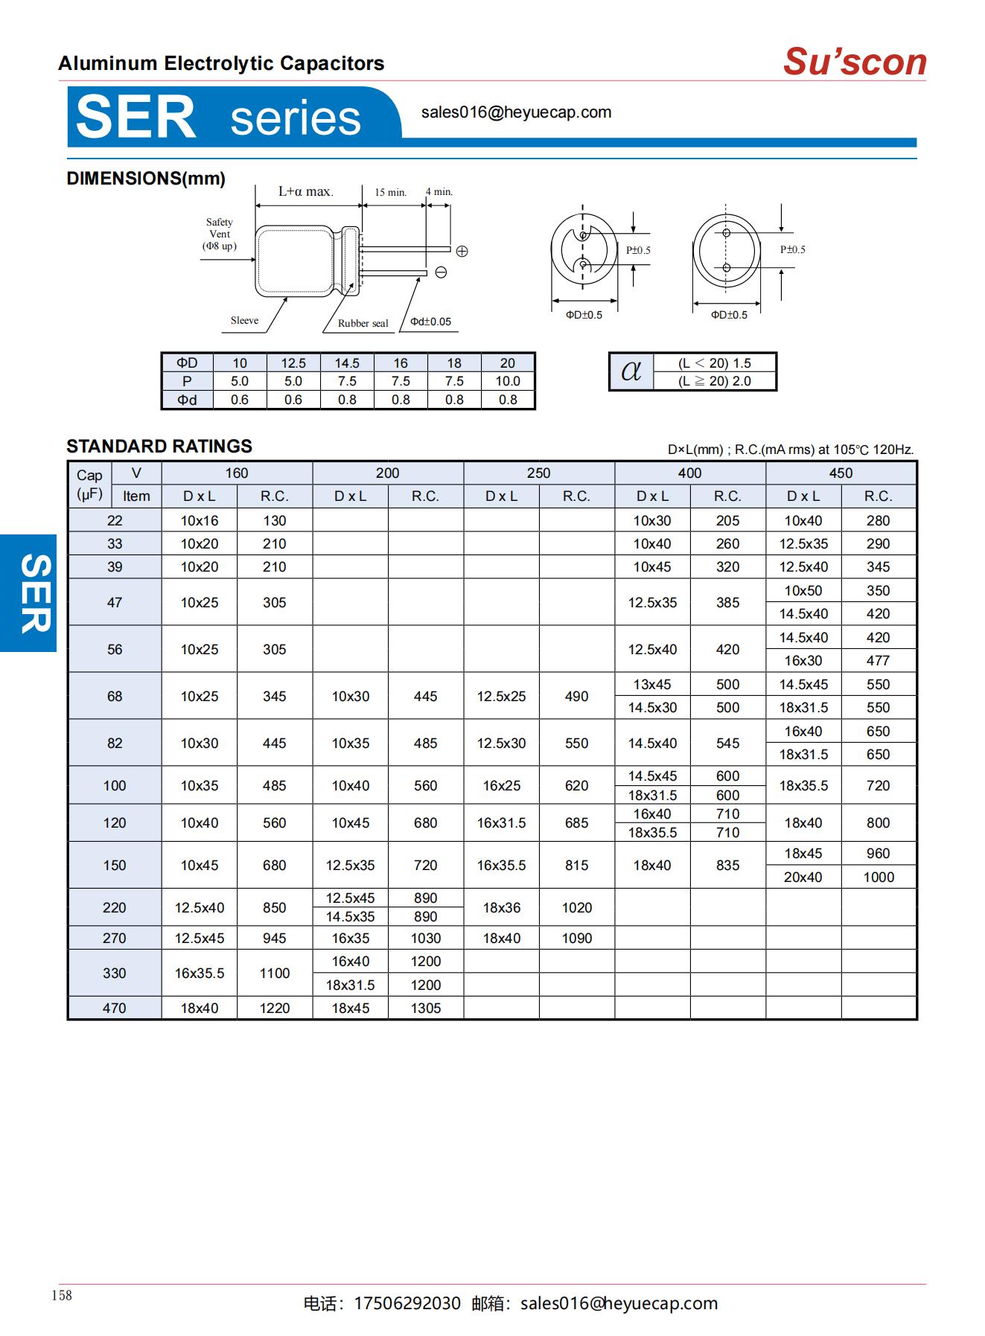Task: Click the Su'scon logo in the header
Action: pos(854,62)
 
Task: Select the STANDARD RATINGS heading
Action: pos(159,446)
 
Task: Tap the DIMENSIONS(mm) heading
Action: pos(146,179)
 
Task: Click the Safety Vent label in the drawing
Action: pos(220,234)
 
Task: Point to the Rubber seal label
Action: pos(363,323)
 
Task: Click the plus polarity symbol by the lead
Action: pos(462,252)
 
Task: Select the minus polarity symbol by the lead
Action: pos(441,272)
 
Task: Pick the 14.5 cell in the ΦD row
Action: pos(347,363)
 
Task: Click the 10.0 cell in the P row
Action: pos(508,381)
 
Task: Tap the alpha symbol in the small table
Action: pos(631,371)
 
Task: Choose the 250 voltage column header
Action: pos(538,473)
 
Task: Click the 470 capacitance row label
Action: pos(115,1008)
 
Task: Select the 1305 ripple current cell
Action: pos(426,1008)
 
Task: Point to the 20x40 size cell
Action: pos(803,877)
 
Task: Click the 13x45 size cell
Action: pos(652,684)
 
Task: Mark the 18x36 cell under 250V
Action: pos(501,907)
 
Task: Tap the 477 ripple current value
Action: pos(878,660)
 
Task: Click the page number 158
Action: pos(62,1295)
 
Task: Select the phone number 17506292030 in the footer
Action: pos(407,1303)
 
